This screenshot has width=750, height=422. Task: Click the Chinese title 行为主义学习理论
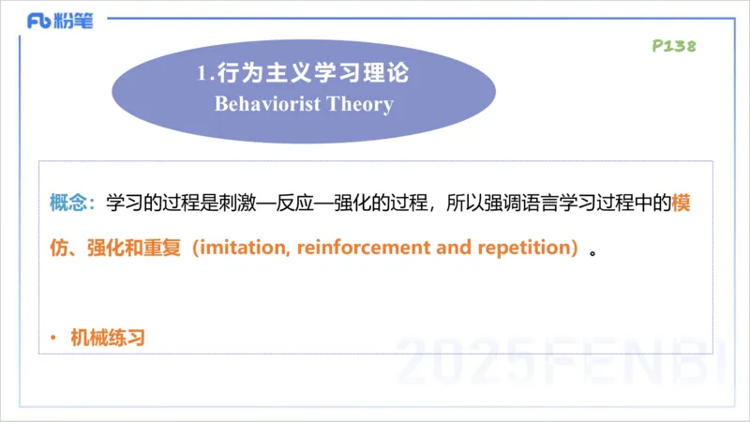click(315, 72)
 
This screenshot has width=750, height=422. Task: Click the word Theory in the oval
click(360, 103)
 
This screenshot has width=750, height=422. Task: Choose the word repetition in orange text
click(526, 249)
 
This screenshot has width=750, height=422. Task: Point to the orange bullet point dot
click(53, 338)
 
